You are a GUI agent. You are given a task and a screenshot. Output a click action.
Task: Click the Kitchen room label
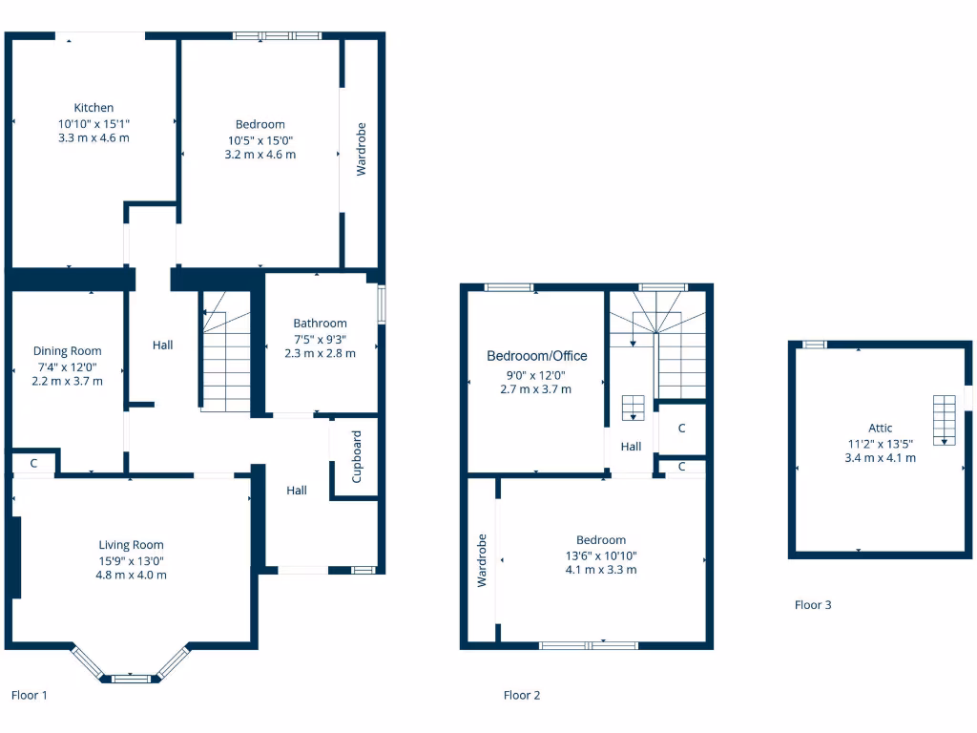[94, 108]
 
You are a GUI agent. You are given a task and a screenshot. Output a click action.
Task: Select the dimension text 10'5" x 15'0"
[260, 139]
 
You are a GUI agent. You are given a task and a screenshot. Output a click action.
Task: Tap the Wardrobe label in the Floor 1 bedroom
[362, 149]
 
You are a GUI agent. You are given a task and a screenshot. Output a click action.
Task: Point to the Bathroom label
[320, 324]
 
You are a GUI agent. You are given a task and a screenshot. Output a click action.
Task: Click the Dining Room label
[67, 351]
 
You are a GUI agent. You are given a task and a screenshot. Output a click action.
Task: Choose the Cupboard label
[357, 457]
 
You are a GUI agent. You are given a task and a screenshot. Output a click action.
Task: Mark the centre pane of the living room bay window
[131, 679]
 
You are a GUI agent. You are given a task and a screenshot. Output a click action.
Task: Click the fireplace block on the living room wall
[14, 558]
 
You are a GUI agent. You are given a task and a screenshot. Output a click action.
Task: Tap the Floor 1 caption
[29, 695]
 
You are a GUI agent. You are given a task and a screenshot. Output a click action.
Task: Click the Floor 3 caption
[813, 604]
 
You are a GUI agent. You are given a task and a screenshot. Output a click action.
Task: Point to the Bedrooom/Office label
[536, 356]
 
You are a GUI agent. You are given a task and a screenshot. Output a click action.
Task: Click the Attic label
[880, 428]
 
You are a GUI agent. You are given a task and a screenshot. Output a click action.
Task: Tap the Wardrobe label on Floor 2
[482, 559]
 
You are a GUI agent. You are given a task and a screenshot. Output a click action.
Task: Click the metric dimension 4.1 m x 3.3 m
[600, 570]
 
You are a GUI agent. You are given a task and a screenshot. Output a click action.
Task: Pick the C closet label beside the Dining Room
[33, 463]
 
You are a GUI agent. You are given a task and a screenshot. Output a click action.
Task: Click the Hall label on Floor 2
[631, 446]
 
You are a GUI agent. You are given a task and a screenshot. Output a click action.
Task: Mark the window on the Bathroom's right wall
[382, 304]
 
